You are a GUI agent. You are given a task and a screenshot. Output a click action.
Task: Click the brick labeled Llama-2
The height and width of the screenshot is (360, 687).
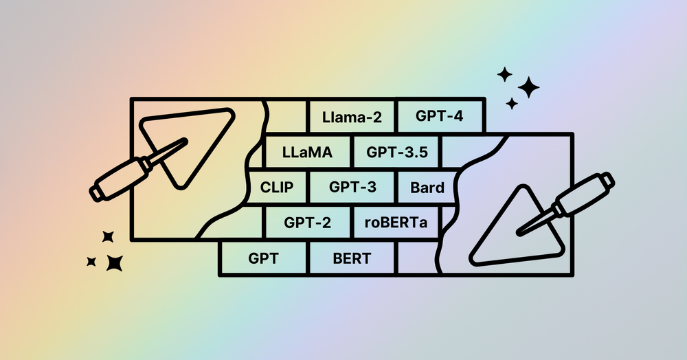coord(352,117)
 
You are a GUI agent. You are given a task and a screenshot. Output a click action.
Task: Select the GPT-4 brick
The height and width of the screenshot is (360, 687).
coord(440,116)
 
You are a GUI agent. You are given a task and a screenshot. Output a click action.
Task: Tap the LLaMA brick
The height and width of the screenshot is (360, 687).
coord(307,153)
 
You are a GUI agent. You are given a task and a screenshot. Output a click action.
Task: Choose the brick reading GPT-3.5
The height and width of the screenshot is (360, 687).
coord(396,153)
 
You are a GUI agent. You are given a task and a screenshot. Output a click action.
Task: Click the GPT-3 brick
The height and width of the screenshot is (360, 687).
coord(352,187)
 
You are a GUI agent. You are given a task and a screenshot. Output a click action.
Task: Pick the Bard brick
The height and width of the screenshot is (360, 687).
coord(427,187)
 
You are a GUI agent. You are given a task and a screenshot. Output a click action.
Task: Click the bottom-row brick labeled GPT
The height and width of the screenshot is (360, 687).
coord(263,259)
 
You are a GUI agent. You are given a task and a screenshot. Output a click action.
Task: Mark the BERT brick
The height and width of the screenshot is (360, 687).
coord(352,259)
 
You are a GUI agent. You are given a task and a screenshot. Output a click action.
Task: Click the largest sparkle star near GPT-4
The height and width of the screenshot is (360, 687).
coord(528,87)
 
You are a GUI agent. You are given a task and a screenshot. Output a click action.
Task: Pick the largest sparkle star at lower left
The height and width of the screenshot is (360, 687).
coord(114,262)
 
